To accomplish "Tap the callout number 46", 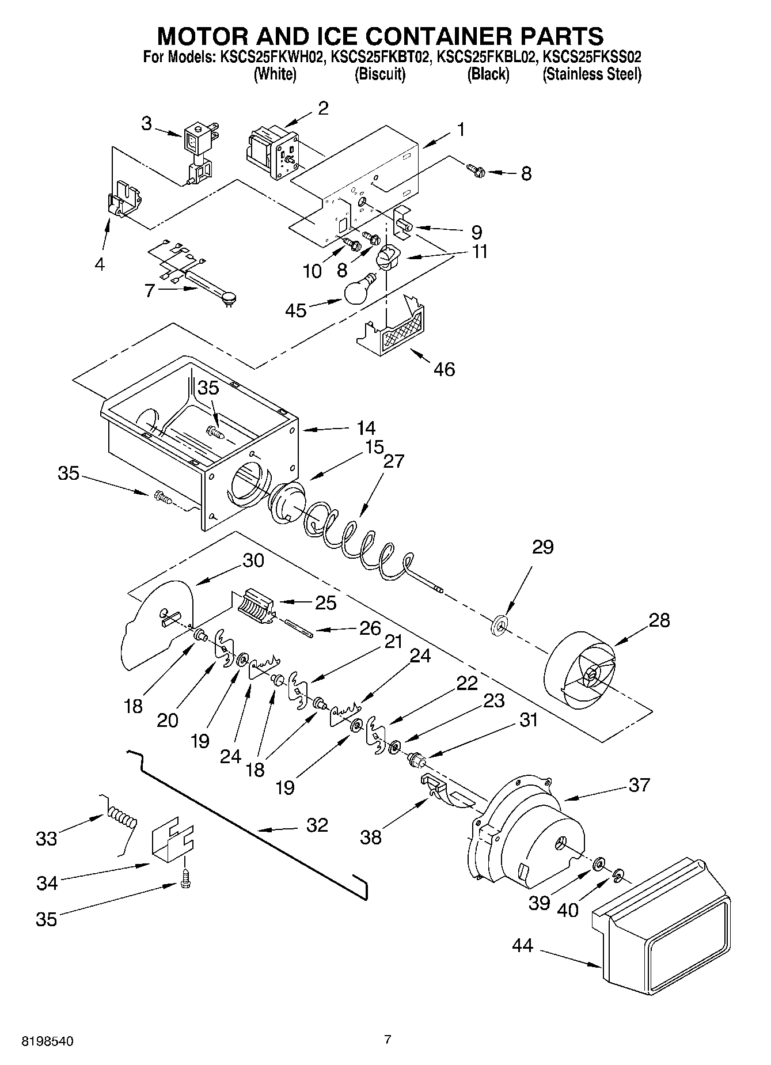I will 442,369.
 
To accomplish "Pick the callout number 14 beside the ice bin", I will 365,428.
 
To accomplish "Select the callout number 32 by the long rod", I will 317,825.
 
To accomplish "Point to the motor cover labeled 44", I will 662,922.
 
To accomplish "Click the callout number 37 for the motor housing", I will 639,784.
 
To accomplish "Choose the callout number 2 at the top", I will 323,108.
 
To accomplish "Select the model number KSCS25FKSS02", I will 593,58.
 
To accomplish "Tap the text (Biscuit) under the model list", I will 380,74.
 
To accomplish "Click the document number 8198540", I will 48,1041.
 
